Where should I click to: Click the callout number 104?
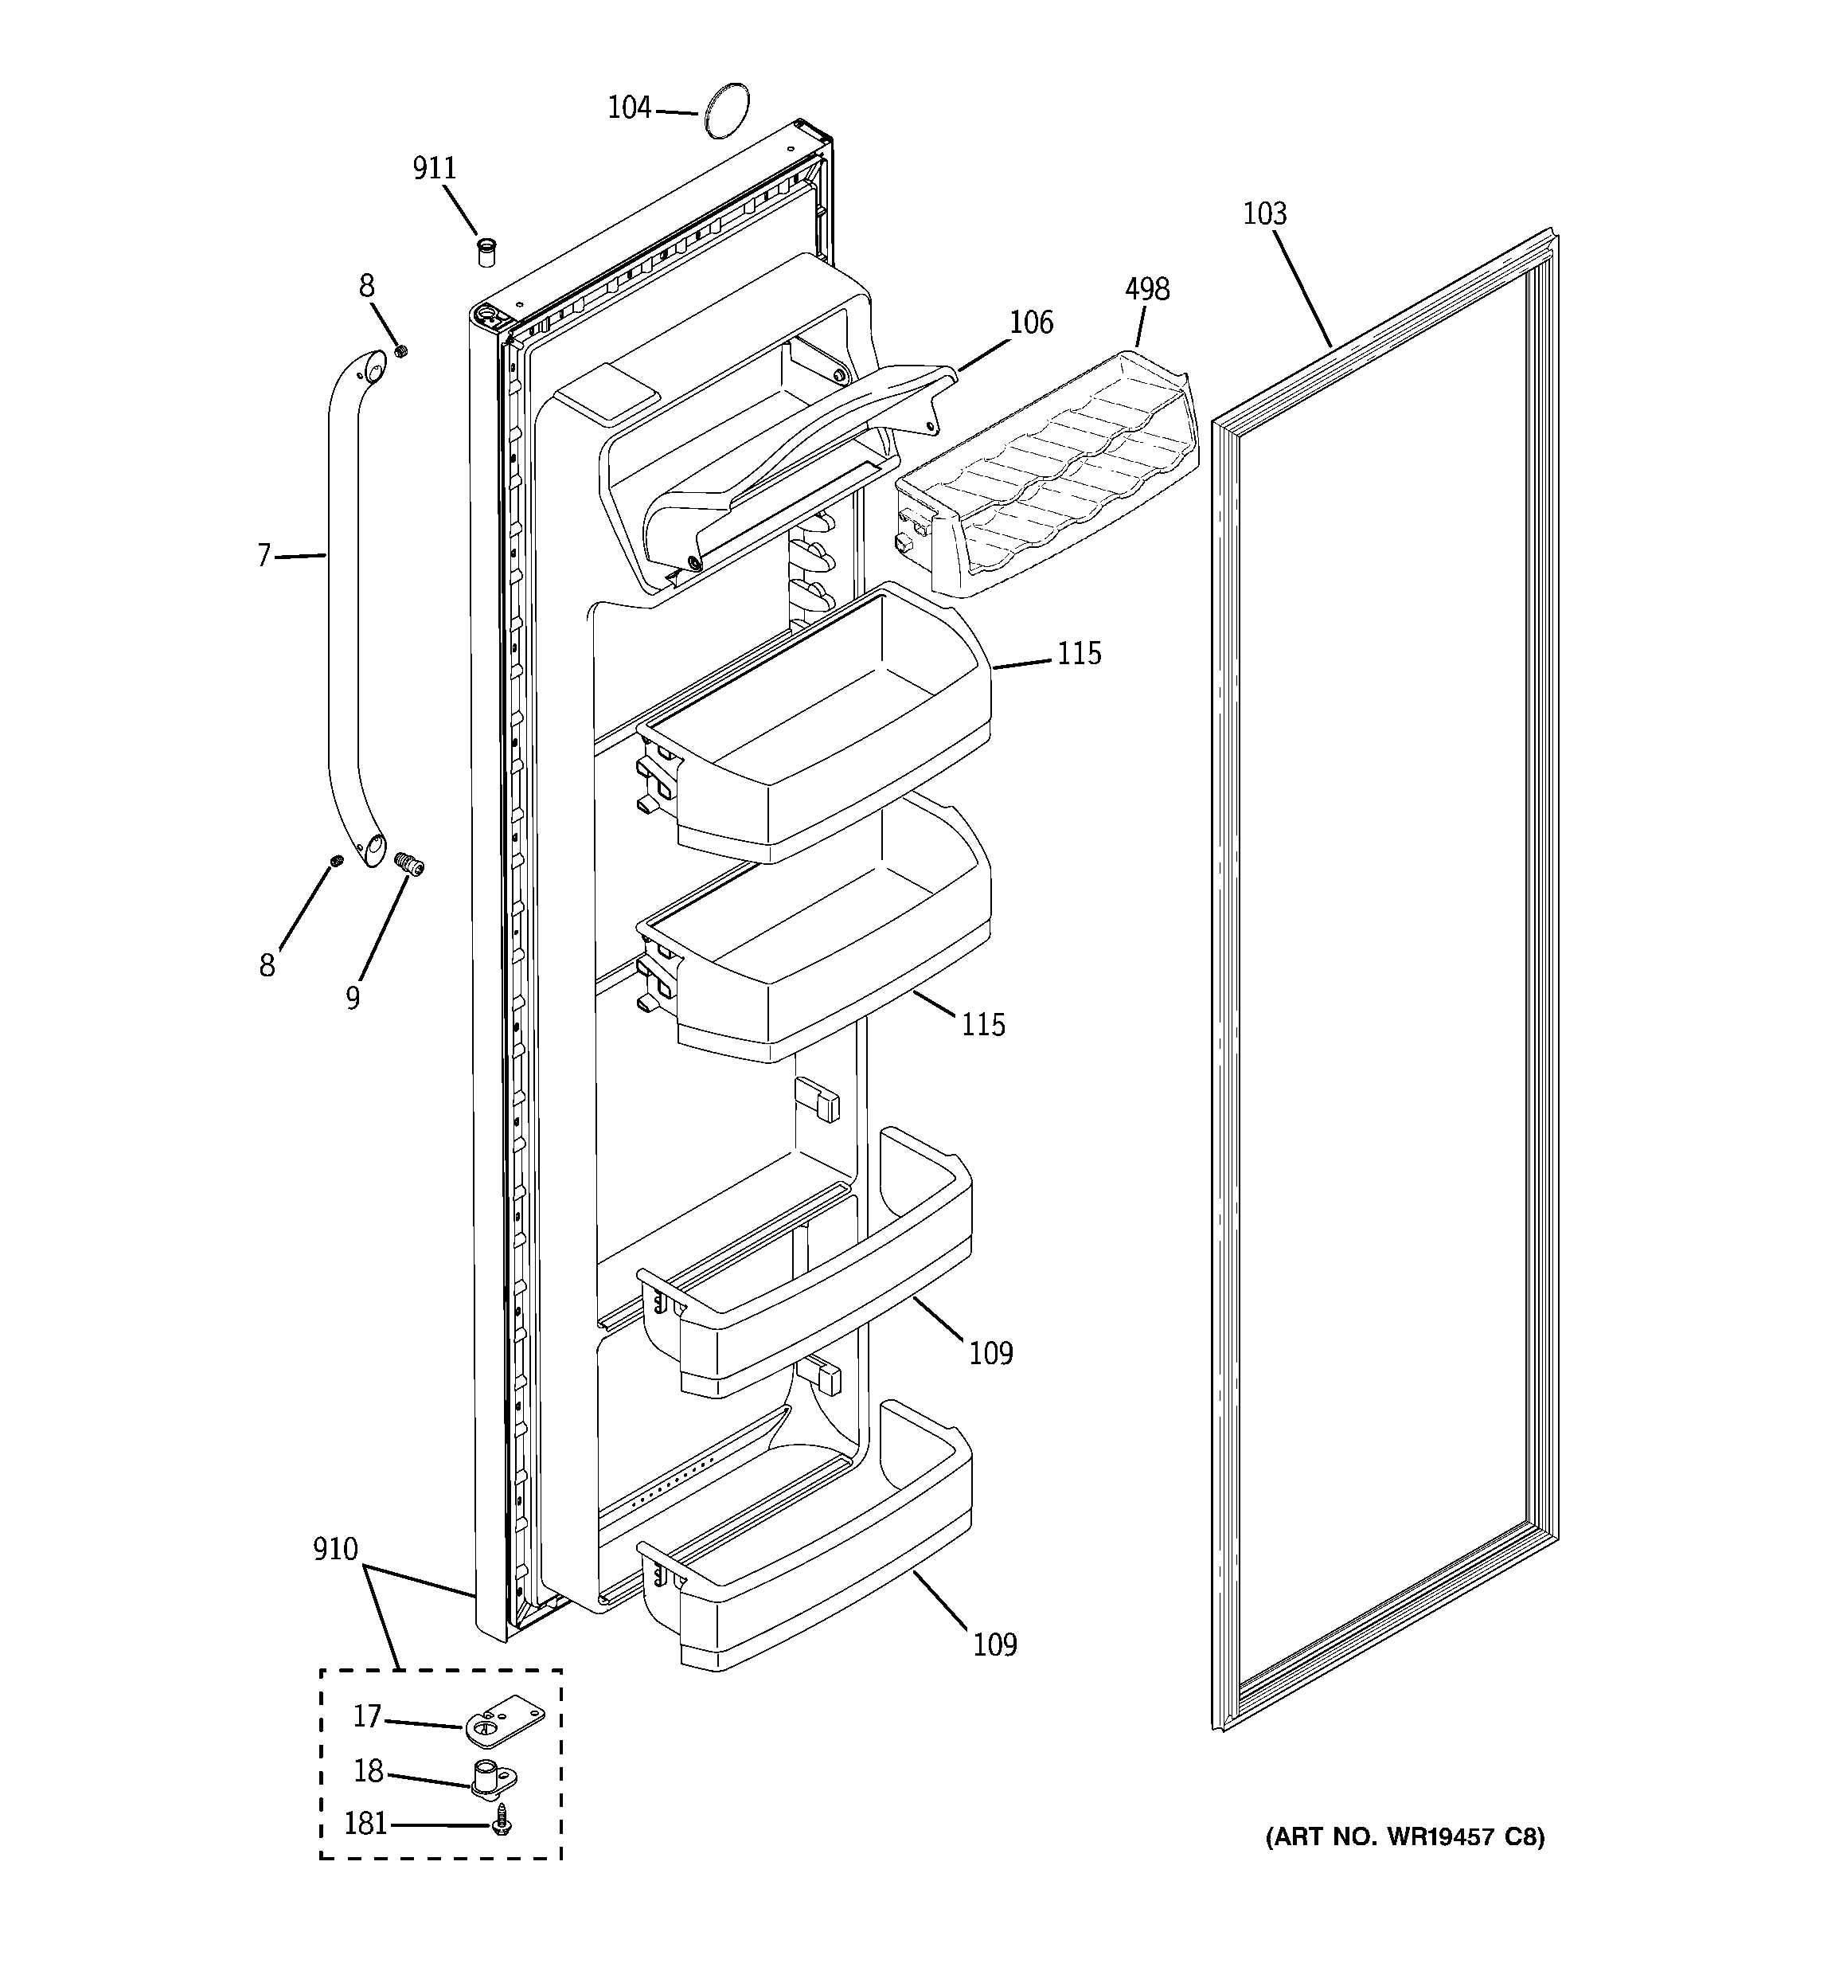coord(629,107)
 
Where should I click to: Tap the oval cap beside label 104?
coord(724,110)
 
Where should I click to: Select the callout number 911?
coord(434,169)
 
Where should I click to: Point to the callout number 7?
coord(264,555)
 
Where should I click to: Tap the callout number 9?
coord(353,997)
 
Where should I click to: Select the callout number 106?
coord(1031,323)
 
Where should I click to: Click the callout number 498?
coord(1147,290)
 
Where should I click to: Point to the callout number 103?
coord(1265,214)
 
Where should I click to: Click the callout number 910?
coord(335,1549)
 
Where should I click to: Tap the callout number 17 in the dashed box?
coord(367,1715)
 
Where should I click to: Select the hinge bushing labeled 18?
coord(490,1777)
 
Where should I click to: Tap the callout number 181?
coord(365,1823)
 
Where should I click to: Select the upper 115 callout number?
coord(1079,653)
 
